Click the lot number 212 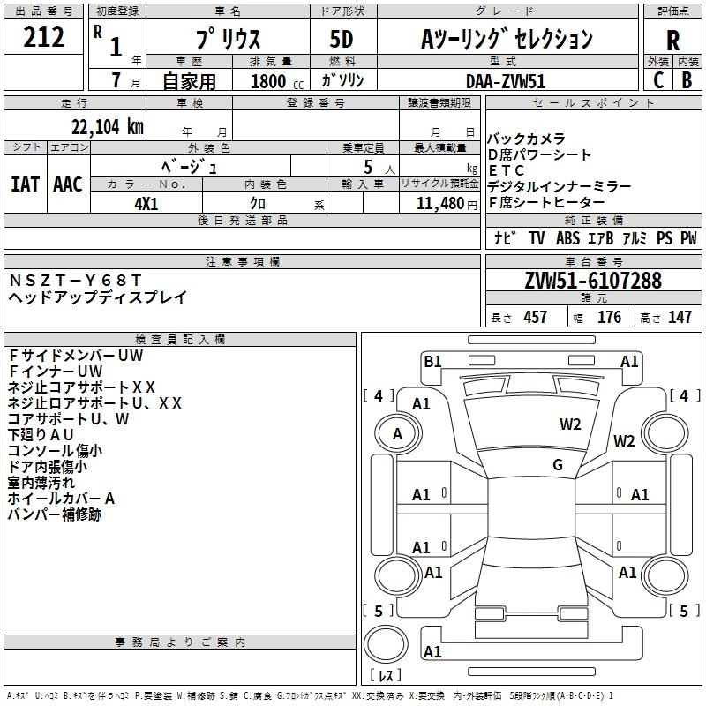coord(44,37)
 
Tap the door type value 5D coord(341,40)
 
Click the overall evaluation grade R coord(673,41)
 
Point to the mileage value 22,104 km coord(102,126)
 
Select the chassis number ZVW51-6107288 coord(592,281)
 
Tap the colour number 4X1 coord(146,203)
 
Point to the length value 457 coord(535,317)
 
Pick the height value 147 coord(680,317)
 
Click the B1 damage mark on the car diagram coord(432,360)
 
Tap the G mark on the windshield coord(558,464)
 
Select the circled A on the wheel coord(397,433)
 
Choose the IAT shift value coord(26,184)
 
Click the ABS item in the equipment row coord(568,238)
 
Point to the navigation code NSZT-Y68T coord(74,280)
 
